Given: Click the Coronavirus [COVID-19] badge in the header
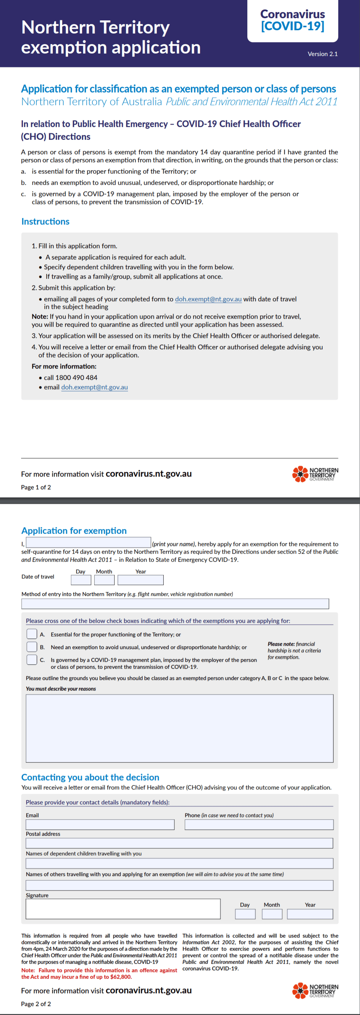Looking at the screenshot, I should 292,20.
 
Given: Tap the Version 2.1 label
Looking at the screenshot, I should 322,54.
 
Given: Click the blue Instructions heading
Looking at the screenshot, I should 45,222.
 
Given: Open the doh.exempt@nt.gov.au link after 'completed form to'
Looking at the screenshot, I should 208,299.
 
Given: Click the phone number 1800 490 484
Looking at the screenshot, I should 76,378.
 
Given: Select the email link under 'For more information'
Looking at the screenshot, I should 95,387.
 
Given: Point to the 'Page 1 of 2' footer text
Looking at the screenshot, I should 36,487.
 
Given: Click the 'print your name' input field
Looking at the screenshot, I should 88,542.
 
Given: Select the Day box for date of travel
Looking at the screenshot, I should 81,580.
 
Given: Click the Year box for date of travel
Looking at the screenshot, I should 140,580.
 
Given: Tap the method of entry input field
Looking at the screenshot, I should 175,604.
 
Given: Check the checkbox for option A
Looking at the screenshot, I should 32,634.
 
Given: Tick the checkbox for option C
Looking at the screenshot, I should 32,660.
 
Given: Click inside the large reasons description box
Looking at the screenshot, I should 179,728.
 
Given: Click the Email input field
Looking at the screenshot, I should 100,825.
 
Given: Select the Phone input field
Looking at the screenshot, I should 259,825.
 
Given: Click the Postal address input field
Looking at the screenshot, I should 179,843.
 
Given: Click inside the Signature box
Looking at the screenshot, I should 123,909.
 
